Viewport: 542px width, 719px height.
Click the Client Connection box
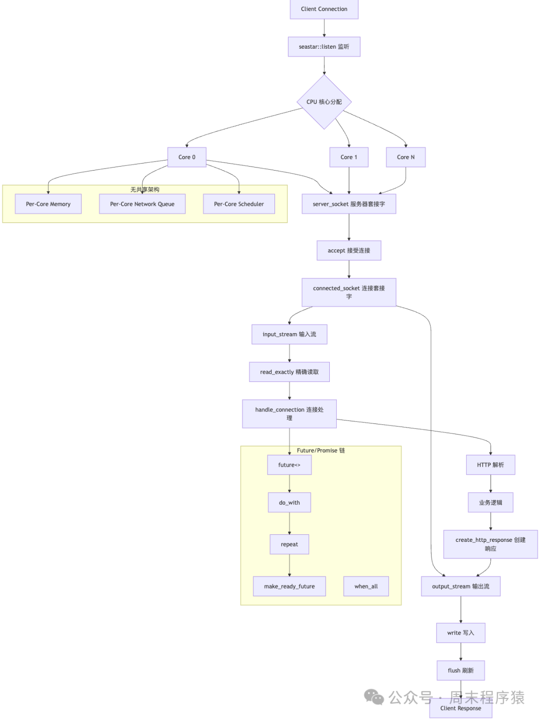pos(324,9)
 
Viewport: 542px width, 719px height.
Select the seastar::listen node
pos(324,47)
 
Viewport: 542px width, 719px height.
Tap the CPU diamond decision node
pos(324,102)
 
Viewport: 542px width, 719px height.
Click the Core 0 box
pos(187,157)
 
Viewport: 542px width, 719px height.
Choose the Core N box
pos(405,157)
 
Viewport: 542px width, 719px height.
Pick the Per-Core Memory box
pos(48,204)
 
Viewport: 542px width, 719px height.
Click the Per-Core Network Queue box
pos(142,204)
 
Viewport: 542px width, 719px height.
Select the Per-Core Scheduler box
pos(239,204)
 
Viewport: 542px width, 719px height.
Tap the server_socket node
pos(349,204)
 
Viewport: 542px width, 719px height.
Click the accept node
pos(349,250)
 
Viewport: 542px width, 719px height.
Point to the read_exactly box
pos(289,372)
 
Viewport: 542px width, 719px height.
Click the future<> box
pos(289,465)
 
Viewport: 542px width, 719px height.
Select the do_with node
pos(289,502)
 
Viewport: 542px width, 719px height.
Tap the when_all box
pos(366,586)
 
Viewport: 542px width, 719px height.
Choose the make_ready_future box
pos(289,586)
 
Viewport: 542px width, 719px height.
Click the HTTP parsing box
pos(490,465)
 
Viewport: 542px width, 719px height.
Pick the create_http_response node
pos(490,544)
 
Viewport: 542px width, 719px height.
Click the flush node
pos(460,670)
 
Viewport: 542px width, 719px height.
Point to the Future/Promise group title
pos(321,451)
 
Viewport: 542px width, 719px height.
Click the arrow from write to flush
pos(461,652)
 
